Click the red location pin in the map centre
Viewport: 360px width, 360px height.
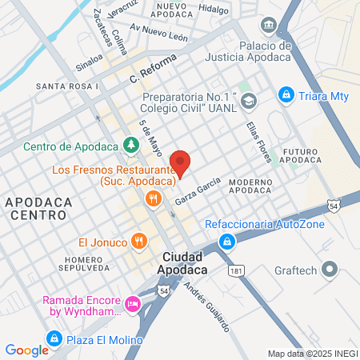(x=181, y=162)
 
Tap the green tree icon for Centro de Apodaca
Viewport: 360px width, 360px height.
(x=130, y=146)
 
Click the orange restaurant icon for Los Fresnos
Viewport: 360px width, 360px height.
(x=150, y=198)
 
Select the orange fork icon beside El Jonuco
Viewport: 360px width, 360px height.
(x=139, y=240)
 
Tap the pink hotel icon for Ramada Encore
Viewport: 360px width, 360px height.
(x=133, y=304)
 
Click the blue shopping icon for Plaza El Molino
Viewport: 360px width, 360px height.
(x=54, y=338)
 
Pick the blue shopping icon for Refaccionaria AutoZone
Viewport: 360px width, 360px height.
(x=229, y=241)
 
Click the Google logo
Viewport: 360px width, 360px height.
(x=26, y=350)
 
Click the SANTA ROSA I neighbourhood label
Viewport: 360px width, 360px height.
(x=67, y=86)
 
